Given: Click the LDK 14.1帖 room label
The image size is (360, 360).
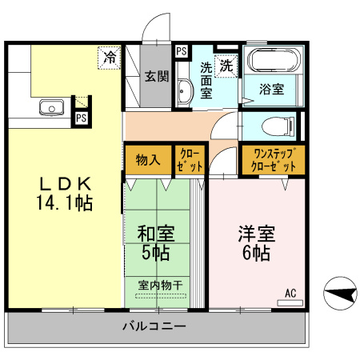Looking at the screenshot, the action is click(65, 194).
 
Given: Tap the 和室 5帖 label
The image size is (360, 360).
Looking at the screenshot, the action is click(156, 243).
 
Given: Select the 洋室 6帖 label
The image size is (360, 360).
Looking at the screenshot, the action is click(256, 243).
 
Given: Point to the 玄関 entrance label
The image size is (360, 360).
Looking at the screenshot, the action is click(157, 76).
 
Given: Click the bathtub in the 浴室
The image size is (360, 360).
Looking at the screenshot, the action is click(274, 60).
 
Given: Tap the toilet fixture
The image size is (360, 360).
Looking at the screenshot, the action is click(278, 126).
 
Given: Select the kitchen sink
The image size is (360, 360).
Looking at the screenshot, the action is click(52, 107).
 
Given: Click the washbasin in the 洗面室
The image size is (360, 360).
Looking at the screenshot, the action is click(185, 91).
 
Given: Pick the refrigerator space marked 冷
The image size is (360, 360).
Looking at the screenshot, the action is click(110, 58).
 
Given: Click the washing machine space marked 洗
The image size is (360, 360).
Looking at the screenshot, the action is click(226, 66).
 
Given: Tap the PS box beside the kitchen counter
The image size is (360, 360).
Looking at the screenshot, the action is click(82, 118).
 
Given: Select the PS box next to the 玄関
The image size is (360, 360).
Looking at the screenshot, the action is click(182, 51).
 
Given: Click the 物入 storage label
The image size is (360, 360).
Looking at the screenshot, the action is click(148, 160).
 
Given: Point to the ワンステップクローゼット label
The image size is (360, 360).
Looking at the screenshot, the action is click(274, 160).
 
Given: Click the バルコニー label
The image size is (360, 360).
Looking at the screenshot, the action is click(154, 326).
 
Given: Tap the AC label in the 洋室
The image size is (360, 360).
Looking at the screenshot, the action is click(290, 293).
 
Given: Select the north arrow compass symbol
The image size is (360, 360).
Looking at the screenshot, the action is click(340, 293).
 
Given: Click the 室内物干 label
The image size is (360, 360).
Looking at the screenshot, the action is click(161, 286).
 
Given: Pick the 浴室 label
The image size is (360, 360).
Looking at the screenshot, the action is click(271, 89).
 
